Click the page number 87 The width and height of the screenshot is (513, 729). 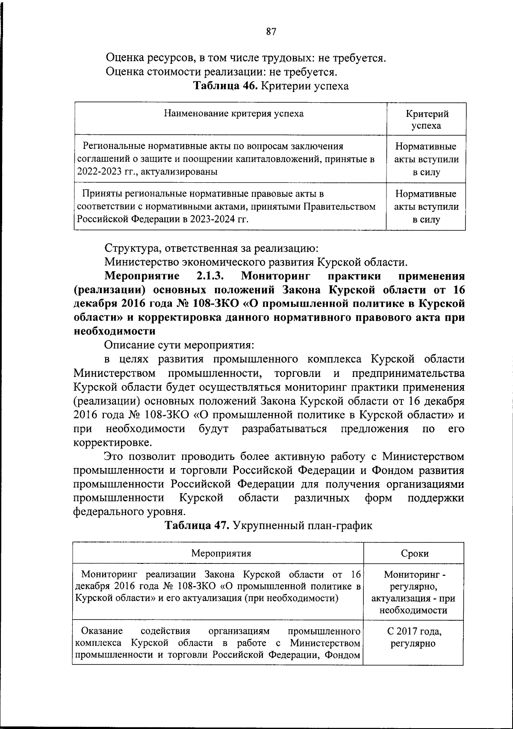[271, 32]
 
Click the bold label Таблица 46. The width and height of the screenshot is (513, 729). [225, 86]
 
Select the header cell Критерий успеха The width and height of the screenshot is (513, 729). [427, 120]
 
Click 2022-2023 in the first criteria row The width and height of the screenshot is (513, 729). [96, 172]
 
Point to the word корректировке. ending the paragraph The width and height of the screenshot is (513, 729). [112, 442]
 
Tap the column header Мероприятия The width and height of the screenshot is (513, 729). [221, 553]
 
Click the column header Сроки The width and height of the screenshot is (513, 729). [415, 553]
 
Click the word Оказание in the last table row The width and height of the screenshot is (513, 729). [102, 631]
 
